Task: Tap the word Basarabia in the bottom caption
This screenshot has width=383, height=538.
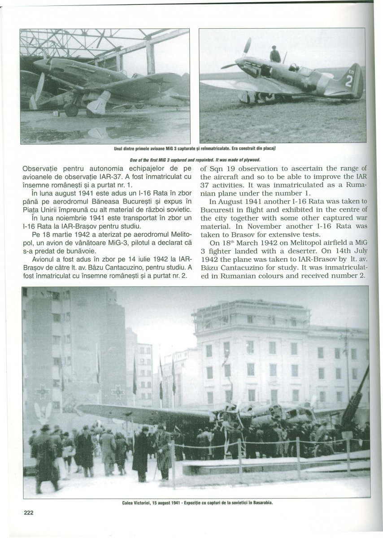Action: pos(262,503)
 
